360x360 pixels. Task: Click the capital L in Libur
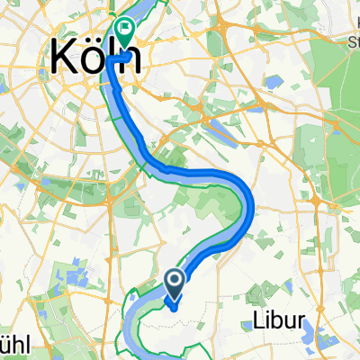(249, 321)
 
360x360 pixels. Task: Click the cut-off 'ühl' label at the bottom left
(13, 347)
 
